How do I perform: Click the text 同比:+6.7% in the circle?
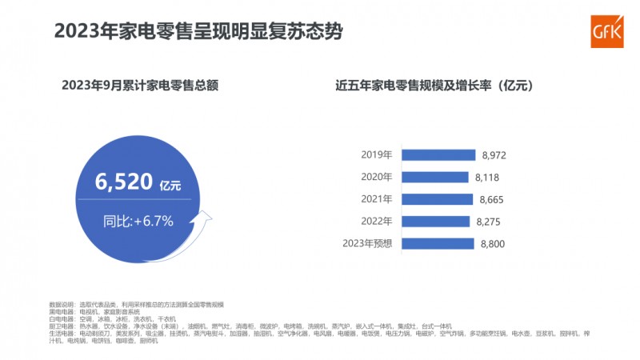click(x=138, y=219)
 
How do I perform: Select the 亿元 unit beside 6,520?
click(x=170, y=186)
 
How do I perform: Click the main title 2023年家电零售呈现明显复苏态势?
click(x=198, y=32)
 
